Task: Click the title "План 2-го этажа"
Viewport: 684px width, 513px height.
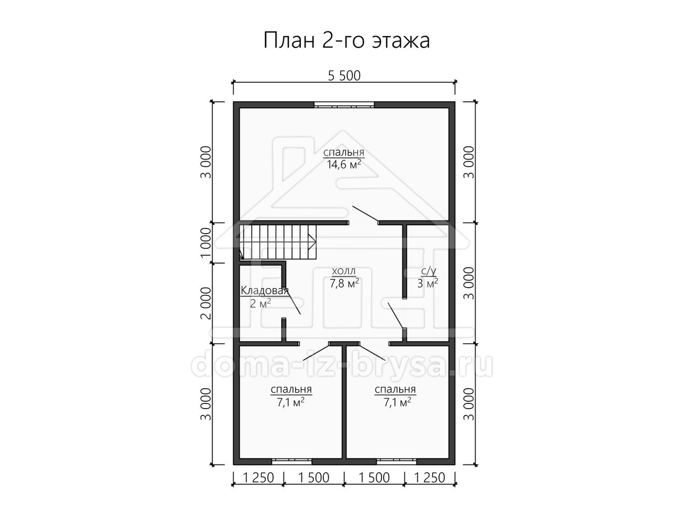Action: tap(347, 40)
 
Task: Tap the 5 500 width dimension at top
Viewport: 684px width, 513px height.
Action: tap(344, 76)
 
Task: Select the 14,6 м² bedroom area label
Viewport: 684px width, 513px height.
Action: tap(344, 165)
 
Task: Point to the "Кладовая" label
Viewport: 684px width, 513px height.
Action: tap(265, 291)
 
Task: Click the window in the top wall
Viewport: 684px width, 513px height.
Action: tap(344, 105)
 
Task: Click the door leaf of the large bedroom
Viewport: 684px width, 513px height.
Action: tap(365, 214)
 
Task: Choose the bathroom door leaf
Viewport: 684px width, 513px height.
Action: tap(396, 316)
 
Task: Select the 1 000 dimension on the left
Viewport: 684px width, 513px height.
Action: tap(206, 243)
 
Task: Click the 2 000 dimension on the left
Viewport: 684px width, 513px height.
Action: tap(206, 303)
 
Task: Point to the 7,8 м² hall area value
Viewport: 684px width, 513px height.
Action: tap(344, 283)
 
